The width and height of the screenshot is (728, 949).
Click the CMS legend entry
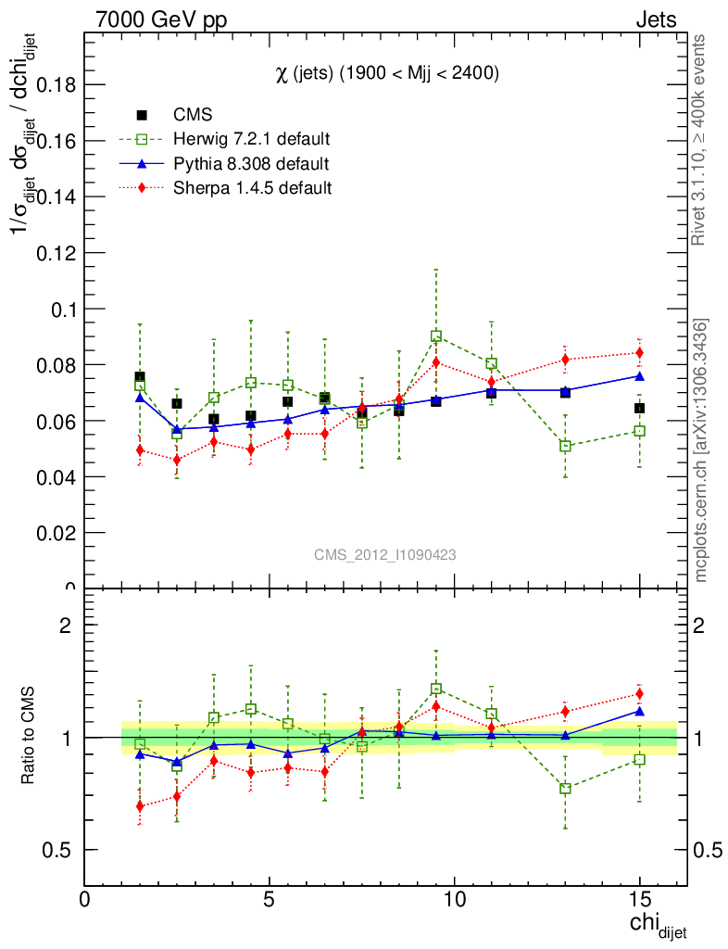(193, 115)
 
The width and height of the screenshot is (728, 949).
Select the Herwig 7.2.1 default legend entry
(251, 139)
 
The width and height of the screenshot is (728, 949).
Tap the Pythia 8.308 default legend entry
(251, 164)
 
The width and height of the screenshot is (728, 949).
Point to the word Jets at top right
(655, 19)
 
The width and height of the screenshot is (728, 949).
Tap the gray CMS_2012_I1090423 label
(384, 554)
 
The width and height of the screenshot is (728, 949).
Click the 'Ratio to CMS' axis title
(29, 737)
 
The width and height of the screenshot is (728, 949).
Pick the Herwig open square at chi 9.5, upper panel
(436, 336)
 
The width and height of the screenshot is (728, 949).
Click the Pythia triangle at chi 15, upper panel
(639, 375)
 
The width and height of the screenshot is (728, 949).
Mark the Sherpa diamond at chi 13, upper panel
(565, 359)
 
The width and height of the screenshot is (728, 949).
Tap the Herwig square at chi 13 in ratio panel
(565, 789)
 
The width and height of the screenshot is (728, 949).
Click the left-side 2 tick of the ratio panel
(66, 625)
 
